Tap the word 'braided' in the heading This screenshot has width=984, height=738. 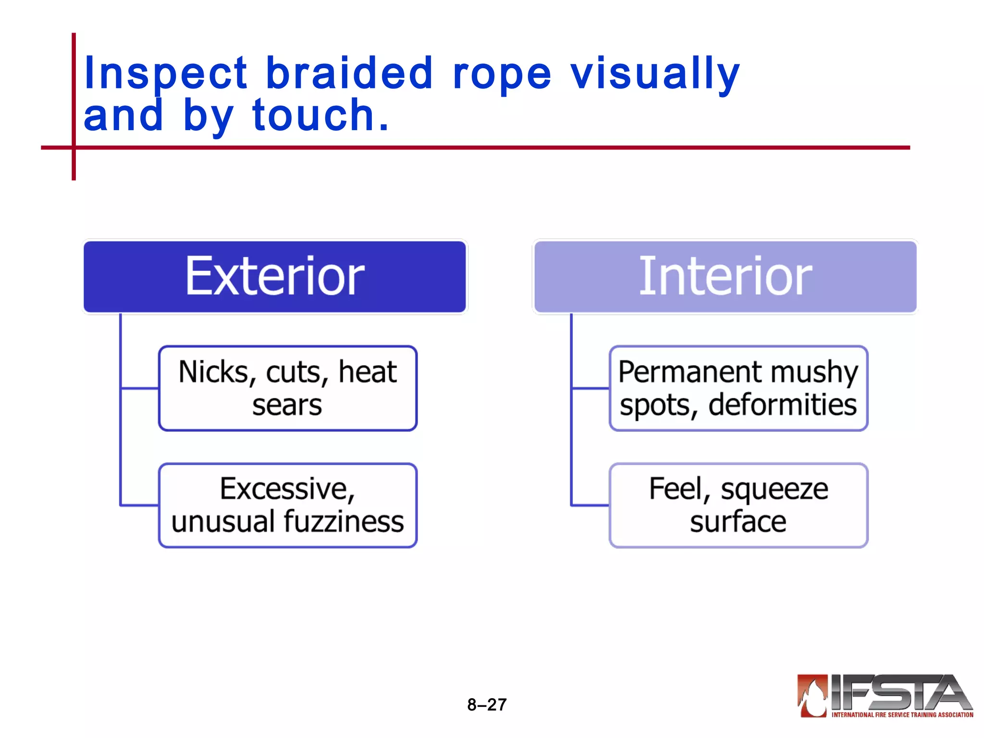pos(349,73)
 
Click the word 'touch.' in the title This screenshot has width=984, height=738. pos(320,115)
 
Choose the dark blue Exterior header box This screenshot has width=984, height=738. pos(275,277)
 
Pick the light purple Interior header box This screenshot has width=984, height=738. pos(725,277)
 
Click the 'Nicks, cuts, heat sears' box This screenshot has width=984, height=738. pos(288,388)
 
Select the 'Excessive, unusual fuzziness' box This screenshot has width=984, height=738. pos(288,505)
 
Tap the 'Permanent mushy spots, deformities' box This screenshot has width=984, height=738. pos(738,388)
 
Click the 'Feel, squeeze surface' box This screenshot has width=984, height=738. pos(738,505)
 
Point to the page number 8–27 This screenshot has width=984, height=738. pos(487,705)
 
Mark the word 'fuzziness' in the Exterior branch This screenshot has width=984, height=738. pos(344,522)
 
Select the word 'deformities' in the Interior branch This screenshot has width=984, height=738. pos(782,405)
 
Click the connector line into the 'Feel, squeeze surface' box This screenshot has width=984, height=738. pos(590,505)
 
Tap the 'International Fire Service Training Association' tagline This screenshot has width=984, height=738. pos(902,715)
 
